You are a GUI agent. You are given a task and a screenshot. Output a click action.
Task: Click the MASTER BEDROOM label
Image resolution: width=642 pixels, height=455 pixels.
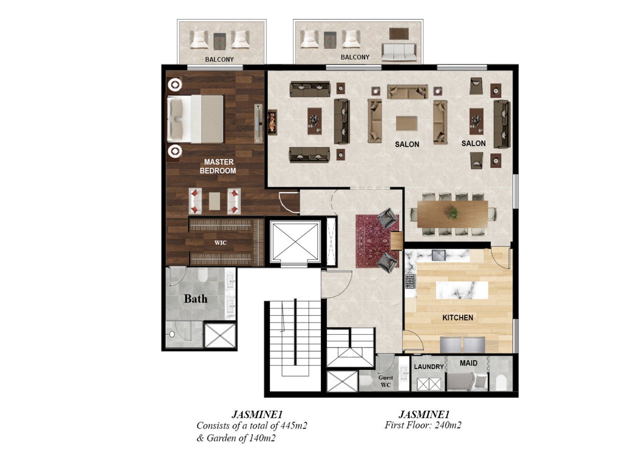coord(218,166)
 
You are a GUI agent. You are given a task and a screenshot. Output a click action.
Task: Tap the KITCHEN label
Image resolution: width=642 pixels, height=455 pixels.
coord(458,317)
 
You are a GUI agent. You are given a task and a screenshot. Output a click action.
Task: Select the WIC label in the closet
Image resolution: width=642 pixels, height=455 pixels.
coord(220,243)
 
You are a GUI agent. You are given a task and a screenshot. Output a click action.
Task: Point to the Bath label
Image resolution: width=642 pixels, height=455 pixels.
coord(195,298)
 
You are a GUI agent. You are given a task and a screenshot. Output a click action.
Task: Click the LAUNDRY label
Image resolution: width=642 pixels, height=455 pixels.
coord(429,367)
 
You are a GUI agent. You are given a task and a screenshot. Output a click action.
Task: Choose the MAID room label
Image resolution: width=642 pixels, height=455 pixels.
coord(468,363)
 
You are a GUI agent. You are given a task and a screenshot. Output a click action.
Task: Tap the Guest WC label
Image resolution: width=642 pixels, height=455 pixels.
coord(386,381)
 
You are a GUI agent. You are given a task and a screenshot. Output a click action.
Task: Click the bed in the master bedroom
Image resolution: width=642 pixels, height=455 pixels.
coord(195,119)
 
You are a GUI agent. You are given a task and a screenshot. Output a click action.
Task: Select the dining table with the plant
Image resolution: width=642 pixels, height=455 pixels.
coord(453,214)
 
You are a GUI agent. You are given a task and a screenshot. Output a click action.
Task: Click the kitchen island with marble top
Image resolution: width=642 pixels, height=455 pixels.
coord(462,290)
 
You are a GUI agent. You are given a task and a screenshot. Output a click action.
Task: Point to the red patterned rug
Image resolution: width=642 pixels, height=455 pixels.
coord(377,241)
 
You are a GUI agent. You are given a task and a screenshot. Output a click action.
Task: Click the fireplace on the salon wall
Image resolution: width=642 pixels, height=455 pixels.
coord(272,122)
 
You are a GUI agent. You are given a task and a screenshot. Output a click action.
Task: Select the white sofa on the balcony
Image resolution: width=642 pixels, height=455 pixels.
coord(399,52)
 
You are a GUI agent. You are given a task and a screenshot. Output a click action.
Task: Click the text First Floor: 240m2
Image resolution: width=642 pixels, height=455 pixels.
coord(423,425)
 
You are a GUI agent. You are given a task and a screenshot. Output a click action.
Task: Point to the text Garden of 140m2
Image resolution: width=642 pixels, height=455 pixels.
coord(241,438)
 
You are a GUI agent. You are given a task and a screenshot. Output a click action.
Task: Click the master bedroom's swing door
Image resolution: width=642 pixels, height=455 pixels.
coord(289,203)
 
